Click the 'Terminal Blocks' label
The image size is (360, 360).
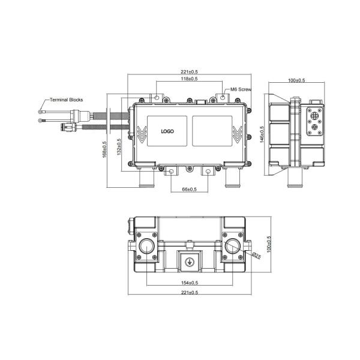pos(66,100)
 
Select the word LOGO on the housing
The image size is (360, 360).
pos(167,131)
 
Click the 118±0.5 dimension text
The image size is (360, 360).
pos(190,79)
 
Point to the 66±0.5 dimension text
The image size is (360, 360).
pos(190,189)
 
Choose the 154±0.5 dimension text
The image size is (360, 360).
pos(190,283)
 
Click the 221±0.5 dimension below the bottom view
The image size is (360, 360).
pos(190,292)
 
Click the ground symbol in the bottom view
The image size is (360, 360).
pos(189,262)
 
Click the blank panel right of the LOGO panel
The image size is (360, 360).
pos(212,130)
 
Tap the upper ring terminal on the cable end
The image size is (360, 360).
pos(40,110)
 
